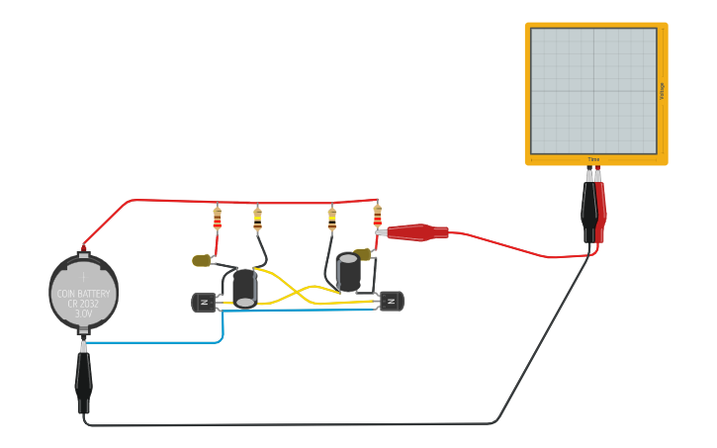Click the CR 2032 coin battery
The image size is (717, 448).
(84, 293)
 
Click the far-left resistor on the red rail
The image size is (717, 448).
(217, 219)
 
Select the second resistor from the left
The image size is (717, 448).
(257, 219)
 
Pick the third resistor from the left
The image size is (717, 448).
(332, 219)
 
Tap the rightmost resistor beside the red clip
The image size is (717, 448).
(377, 216)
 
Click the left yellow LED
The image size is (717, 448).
(203, 260)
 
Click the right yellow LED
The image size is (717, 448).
(364, 254)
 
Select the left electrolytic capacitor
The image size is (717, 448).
(244, 287)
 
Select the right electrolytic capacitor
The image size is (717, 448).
(348, 273)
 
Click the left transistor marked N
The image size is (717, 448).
(206, 303)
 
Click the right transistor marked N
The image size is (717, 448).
(392, 301)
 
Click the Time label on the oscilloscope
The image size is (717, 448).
(593, 159)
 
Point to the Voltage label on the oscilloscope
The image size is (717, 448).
(662, 90)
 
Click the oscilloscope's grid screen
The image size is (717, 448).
(593, 90)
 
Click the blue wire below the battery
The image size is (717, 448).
(158, 342)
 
